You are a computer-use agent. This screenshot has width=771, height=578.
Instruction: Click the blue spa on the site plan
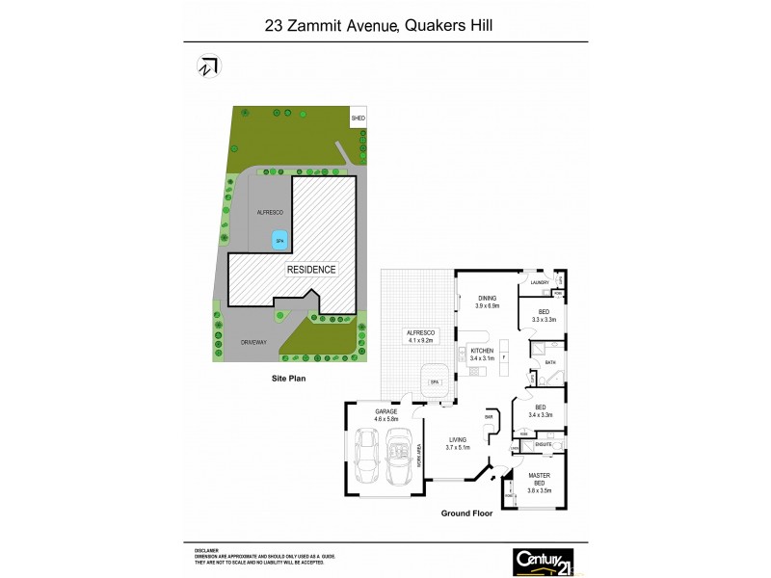279,240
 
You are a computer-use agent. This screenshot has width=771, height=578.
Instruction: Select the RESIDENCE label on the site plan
311,270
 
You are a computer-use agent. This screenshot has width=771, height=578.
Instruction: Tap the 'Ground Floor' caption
466,513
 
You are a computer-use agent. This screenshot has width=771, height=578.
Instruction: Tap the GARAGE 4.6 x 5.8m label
385,415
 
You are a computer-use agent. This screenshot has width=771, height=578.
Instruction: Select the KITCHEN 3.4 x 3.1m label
481,354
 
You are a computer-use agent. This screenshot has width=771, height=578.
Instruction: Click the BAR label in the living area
488,418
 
